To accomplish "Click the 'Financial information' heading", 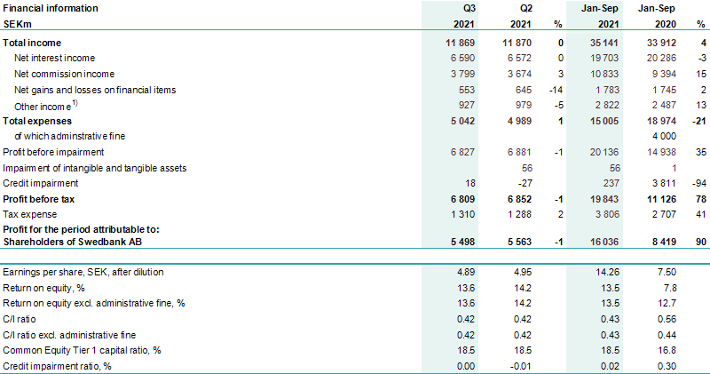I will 51,8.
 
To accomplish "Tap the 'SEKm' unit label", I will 20,24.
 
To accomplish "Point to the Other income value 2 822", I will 598,105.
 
